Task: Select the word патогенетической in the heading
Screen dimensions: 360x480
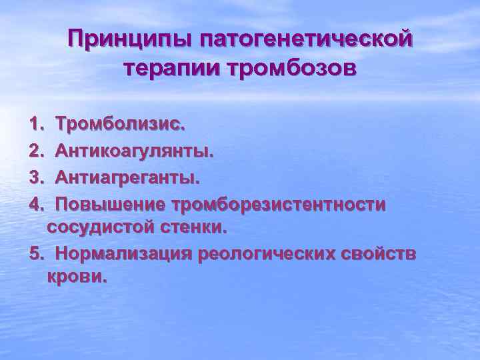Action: point(305,41)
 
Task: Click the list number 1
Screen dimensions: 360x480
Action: point(35,124)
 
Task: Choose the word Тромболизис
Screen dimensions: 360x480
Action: point(121,124)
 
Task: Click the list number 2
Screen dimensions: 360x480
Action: point(35,150)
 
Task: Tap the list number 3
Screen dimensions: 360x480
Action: point(35,177)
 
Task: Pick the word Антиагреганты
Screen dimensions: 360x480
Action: point(127,177)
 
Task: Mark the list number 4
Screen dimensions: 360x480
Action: point(35,203)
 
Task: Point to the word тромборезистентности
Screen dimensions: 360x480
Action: point(278,203)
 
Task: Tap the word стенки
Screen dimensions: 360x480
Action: point(193,227)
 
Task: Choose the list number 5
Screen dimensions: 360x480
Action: point(35,253)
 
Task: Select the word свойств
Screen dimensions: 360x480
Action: point(380,253)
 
